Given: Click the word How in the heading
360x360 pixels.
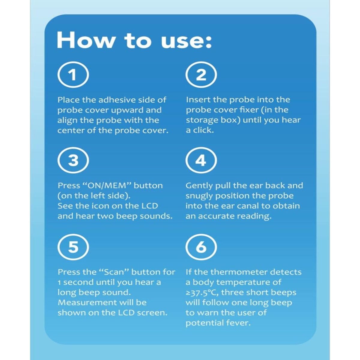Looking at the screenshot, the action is [x=85, y=40].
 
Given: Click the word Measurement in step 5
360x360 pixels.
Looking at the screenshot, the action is [x=87, y=303].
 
